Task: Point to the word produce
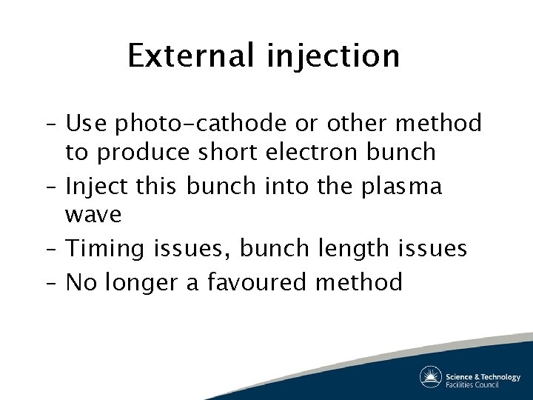[144, 153]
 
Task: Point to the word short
[227, 152]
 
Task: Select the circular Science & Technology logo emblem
[431, 377]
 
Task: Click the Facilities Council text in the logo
[472, 384]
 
